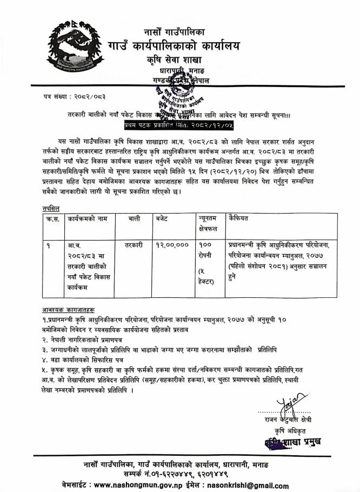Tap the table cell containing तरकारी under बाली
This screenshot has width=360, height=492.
[x=133, y=245]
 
